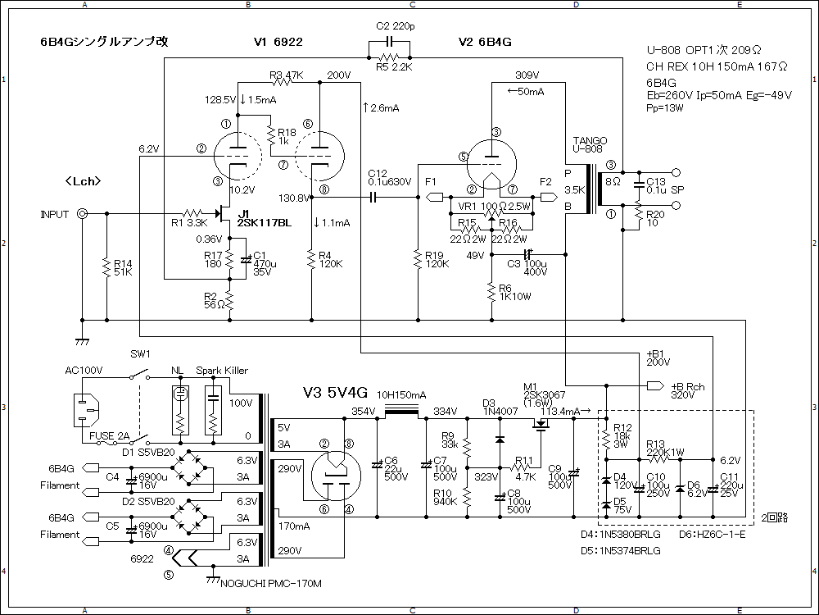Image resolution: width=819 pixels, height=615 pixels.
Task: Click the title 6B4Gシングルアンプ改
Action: click(x=104, y=42)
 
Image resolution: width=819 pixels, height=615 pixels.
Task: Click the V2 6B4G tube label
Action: click(x=485, y=42)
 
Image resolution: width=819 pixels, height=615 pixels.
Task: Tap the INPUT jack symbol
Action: click(x=83, y=214)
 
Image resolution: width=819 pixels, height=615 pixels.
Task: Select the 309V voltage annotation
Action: click(x=527, y=75)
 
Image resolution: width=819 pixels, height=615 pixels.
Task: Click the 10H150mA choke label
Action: click(x=401, y=394)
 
